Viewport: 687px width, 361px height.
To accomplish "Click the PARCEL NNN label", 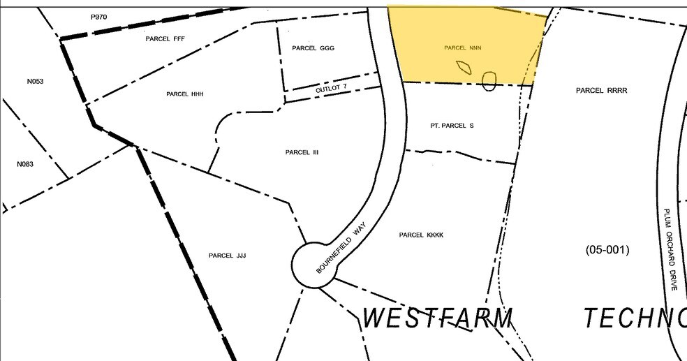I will pos(463,48).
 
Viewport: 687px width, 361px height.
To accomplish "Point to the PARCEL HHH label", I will pos(184,94).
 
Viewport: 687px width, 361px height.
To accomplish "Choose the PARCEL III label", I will pos(302,152).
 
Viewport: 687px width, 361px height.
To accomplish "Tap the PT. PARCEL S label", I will pos(452,126).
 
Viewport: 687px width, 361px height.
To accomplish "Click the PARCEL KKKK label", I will pos(421,235).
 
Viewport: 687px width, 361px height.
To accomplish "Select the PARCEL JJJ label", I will pos(227,256).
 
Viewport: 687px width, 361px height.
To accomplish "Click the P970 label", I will pos(100,16).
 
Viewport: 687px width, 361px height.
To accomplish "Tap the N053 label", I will pos(35,82).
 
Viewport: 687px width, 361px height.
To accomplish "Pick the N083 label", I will pos(25,165).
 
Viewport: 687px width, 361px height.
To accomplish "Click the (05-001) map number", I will pos(607,249).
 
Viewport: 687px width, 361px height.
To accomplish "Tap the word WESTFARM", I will pos(438,318).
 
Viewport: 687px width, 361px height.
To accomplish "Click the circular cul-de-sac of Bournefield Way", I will pos(312,265).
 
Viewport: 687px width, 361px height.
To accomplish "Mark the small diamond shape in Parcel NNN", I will pos(464,67).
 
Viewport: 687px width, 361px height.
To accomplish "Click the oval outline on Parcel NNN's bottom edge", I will pos(489,82).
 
